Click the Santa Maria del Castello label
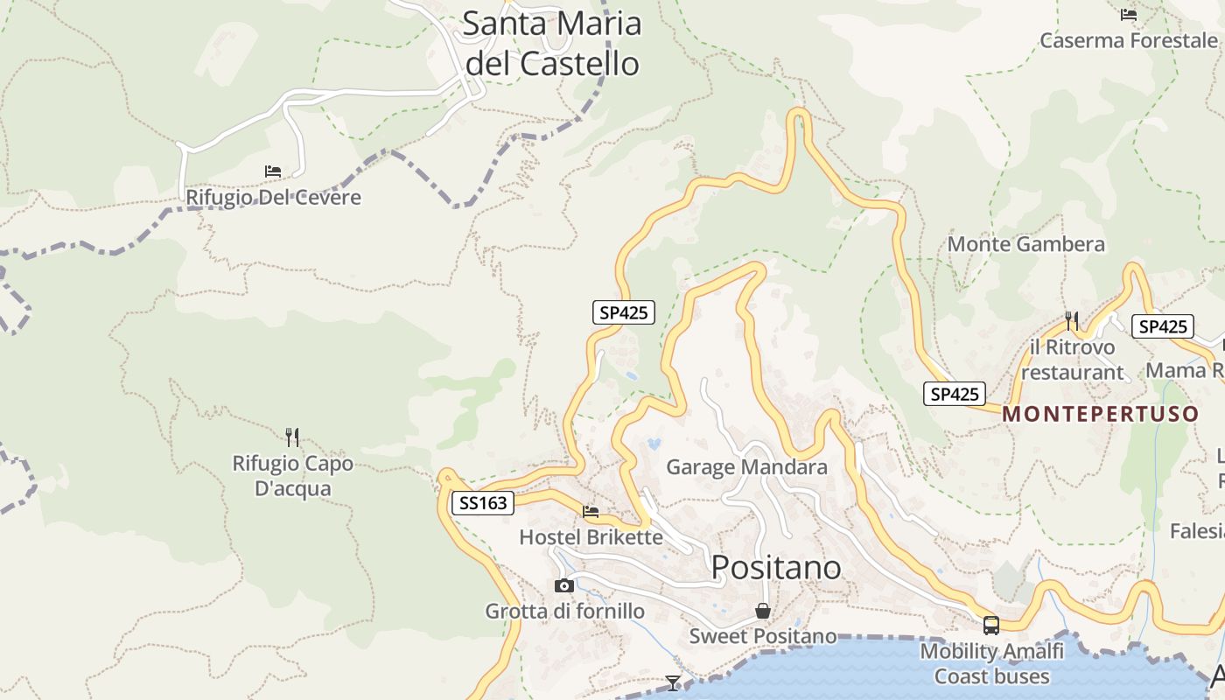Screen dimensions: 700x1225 click(x=552, y=43)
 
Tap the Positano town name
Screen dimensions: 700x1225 click(x=776, y=568)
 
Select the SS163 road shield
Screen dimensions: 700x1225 click(x=482, y=503)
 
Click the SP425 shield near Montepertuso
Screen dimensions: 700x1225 click(x=955, y=394)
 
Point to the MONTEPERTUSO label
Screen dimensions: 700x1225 click(x=1100, y=414)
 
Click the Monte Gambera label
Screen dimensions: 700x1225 click(x=1025, y=244)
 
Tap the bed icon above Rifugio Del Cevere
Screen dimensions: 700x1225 click(x=273, y=171)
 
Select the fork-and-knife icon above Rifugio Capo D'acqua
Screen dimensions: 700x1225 click(x=292, y=437)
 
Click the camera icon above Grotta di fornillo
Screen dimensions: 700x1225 click(x=564, y=585)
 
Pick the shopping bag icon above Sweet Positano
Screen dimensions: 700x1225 click(x=763, y=611)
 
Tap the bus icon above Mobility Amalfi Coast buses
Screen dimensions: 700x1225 click(x=991, y=626)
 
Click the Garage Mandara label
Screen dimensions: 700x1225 click(x=746, y=467)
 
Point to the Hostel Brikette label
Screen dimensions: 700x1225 click(x=591, y=536)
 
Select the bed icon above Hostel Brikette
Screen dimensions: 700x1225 click(x=591, y=512)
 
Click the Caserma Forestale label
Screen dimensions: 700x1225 click(x=1128, y=40)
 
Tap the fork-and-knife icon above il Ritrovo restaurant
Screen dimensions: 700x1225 click(x=1072, y=321)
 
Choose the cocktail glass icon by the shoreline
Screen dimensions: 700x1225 click(x=672, y=682)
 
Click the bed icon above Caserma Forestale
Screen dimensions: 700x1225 click(x=1129, y=15)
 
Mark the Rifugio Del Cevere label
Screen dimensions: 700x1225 click(x=273, y=198)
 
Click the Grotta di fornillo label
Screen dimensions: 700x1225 click(x=564, y=611)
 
